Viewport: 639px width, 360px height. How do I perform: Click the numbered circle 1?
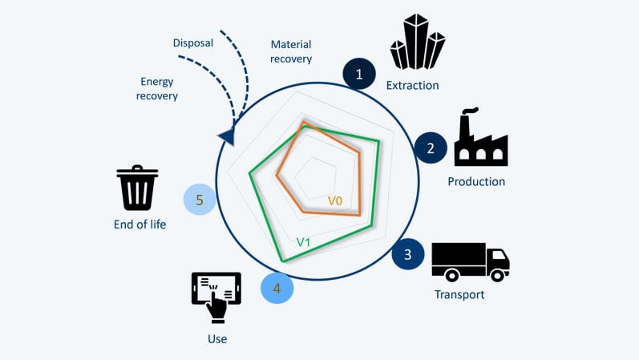pyautogui.click(x=359, y=75)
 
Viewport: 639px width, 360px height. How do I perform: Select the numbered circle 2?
pyautogui.click(x=431, y=148)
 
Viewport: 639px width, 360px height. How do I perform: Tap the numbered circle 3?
pyautogui.click(x=408, y=254)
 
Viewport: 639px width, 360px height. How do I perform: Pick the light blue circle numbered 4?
pyautogui.click(x=277, y=288)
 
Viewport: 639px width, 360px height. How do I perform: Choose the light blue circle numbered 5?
pyautogui.click(x=200, y=199)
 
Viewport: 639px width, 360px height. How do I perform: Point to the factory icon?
pyautogui.click(x=480, y=138)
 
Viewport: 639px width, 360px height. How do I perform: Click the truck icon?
pyautogui.click(x=470, y=261)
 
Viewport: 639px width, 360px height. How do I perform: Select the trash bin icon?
pyautogui.click(x=137, y=188)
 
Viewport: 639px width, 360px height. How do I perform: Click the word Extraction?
pyautogui.click(x=412, y=85)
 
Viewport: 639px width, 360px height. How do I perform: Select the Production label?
pyautogui.click(x=476, y=181)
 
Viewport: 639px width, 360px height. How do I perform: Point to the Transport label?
pyautogui.click(x=459, y=294)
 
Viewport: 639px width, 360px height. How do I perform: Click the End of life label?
pyautogui.click(x=140, y=224)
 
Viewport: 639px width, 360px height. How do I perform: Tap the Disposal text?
pyautogui.click(x=193, y=43)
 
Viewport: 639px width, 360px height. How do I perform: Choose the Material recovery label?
pyautogui.click(x=291, y=51)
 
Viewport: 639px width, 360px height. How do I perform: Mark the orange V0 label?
pyautogui.click(x=335, y=200)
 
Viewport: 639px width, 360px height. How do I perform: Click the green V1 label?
pyautogui.click(x=303, y=241)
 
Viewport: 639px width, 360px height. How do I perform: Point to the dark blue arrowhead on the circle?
pyautogui.click(x=228, y=137)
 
